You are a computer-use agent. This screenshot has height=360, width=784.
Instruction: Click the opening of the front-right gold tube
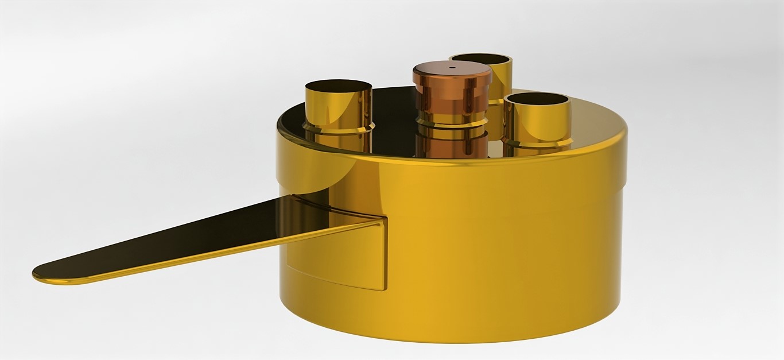tap(537, 99)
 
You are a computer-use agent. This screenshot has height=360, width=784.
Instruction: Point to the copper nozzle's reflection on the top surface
tap(451, 144)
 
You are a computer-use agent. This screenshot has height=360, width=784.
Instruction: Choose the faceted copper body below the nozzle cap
tap(452, 98)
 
